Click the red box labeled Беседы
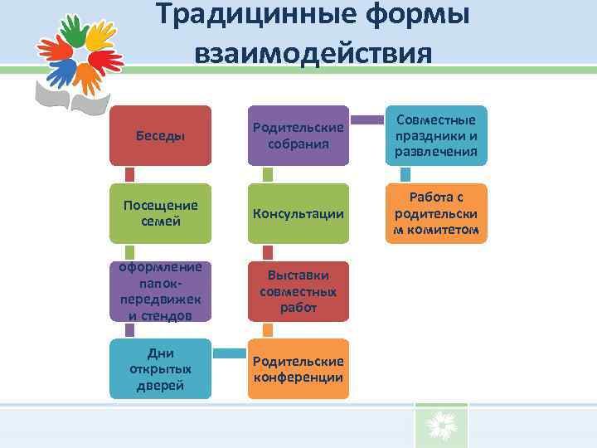coord(161,135)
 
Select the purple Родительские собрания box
coord(298,135)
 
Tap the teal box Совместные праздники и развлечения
coord(436,135)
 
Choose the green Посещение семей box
coord(161,213)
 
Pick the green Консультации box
coord(298,213)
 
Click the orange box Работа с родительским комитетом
coord(436,213)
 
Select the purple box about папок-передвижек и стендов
coord(161,291)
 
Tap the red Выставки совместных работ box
coord(298,291)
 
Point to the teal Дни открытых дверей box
coord(161,368)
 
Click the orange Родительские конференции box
coord(298,368)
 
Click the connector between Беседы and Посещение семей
coord(129,174)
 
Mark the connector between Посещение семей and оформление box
coord(129,252)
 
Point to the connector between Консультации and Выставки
coord(267,252)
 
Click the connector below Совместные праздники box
coord(405,174)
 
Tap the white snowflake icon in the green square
coord(441,426)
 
